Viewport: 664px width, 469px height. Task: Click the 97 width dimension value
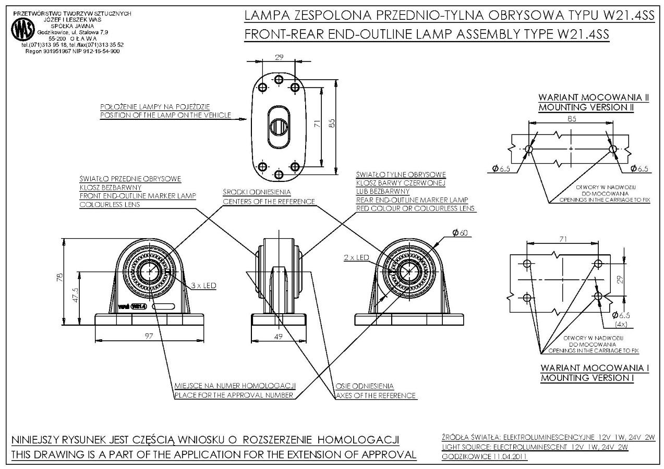pos(149,337)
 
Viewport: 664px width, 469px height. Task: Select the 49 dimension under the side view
pos(278,337)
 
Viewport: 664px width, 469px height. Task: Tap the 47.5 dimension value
pos(76,295)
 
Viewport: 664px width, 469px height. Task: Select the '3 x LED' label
pos(204,286)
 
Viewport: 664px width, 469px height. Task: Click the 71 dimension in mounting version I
pos(562,239)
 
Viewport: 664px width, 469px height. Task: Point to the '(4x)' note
pos(621,324)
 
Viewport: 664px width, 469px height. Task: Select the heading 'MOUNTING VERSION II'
pos(586,107)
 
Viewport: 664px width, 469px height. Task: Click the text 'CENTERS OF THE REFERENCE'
pos(269,201)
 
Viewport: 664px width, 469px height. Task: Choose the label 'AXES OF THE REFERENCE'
pos(376,396)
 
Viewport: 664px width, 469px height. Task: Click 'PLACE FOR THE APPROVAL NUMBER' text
pos(235,396)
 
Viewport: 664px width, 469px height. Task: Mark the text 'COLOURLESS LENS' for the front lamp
pos(111,205)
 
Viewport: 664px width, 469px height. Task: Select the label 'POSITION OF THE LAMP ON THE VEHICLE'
pos(165,115)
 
